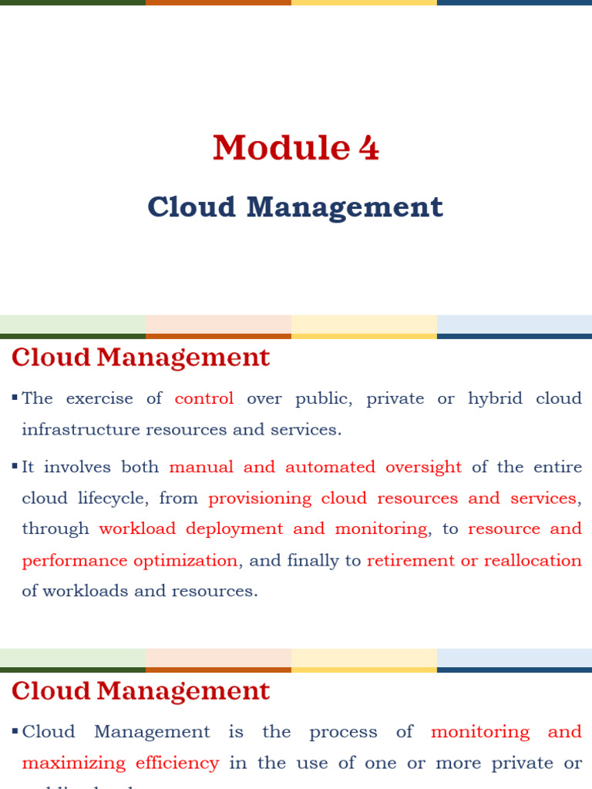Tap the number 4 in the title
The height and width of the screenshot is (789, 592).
[368, 148]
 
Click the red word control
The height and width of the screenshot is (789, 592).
[204, 398]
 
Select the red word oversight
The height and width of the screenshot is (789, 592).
[423, 467]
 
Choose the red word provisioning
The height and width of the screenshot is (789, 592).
[260, 499]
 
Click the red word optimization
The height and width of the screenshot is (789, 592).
[185, 560]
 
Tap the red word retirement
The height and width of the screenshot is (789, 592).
[411, 560]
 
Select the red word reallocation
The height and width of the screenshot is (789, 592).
[533, 560]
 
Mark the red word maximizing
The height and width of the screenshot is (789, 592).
[73, 763]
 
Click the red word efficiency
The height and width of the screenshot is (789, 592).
[177, 763]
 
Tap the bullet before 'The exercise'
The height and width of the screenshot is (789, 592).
[15, 398]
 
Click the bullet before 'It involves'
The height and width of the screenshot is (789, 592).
[15, 466]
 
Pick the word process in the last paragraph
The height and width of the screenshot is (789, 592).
[343, 732]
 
